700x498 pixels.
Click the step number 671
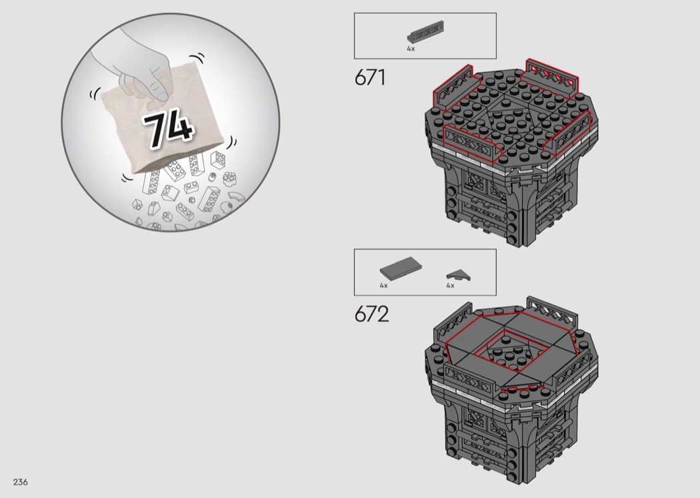coord(369,78)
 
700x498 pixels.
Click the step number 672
coord(371,314)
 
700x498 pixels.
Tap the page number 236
coord(21,482)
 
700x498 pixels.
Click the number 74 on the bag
coord(168,128)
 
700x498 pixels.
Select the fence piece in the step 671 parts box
coord(425,33)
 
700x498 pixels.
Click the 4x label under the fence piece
coord(411,49)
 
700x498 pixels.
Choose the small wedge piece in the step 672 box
coord(459,275)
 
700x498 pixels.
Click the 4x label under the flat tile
coord(383,285)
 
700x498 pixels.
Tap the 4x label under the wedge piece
coord(450,285)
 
